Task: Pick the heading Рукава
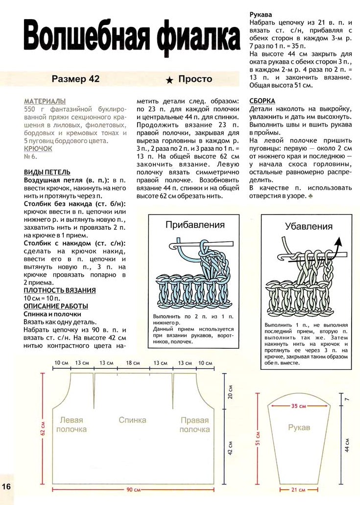[262, 15]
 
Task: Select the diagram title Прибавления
[195, 225]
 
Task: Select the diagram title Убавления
[309, 226]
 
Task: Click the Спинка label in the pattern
[132, 420]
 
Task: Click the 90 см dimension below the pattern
[133, 490]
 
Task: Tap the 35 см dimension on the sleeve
[298, 406]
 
